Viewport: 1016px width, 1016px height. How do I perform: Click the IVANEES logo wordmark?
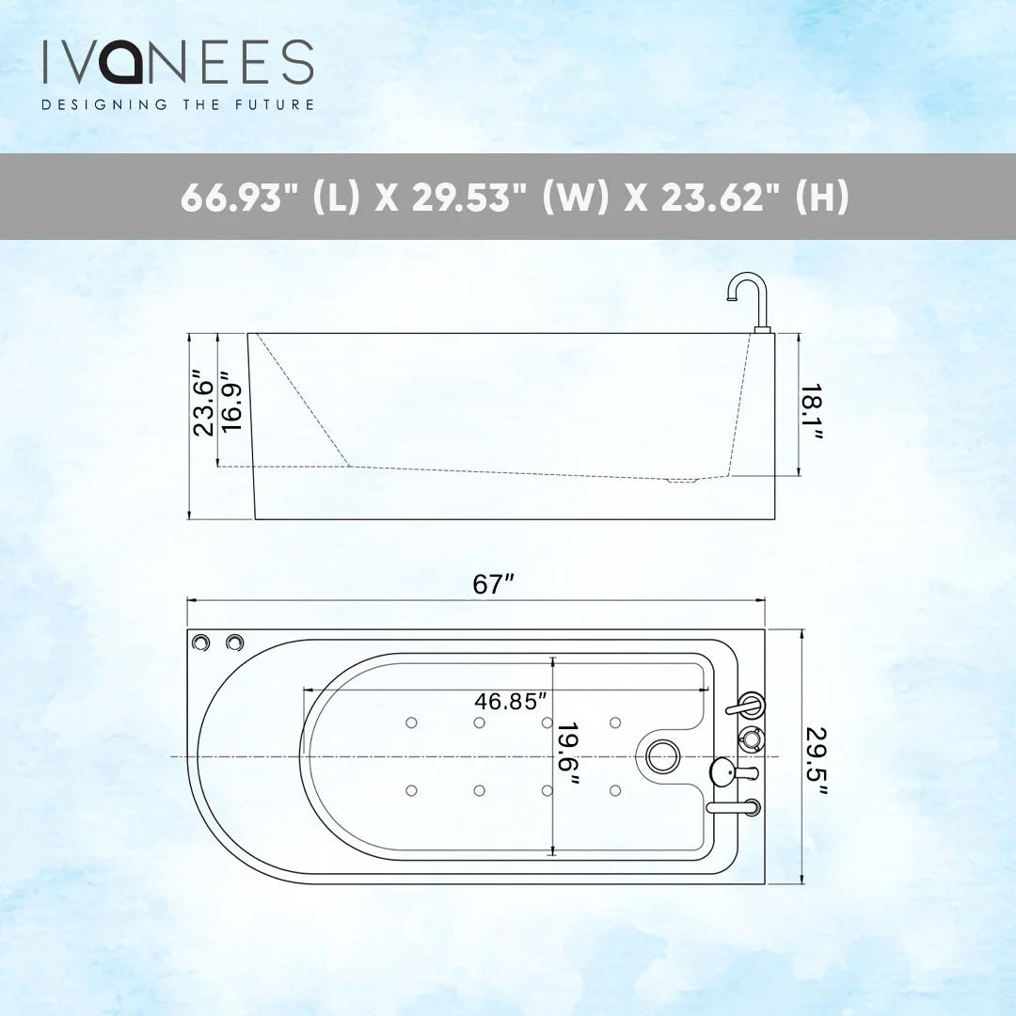pos(177,62)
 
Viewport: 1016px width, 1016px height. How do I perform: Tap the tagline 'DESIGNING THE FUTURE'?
pos(177,104)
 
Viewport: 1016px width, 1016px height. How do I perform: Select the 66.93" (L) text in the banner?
pos(269,198)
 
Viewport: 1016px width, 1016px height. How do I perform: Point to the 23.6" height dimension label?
pos(202,402)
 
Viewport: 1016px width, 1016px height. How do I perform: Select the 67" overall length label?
pos(492,584)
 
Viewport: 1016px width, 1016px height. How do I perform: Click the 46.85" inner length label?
pos(511,701)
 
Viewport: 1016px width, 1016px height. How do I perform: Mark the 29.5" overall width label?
pos(816,760)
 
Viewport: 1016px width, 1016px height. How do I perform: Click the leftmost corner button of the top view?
pos(201,642)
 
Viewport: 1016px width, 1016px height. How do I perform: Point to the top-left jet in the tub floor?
pos(411,722)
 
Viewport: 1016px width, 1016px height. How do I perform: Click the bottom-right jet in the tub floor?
pos(615,789)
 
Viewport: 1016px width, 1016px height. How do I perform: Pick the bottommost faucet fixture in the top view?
pos(736,806)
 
